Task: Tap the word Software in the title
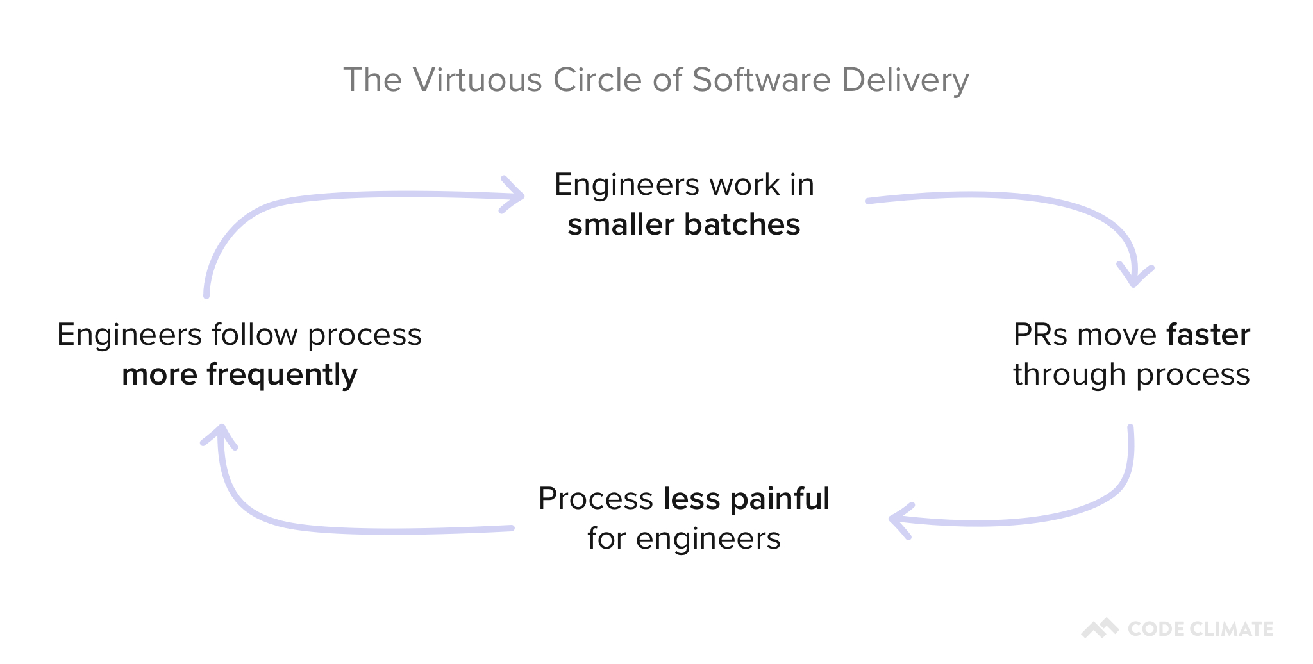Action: (x=762, y=80)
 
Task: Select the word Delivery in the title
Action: (x=905, y=81)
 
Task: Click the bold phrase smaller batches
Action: (x=683, y=224)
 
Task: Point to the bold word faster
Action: (x=1208, y=335)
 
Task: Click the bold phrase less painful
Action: (x=746, y=498)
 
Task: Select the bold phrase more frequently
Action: (x=239, y=375)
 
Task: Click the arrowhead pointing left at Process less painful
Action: (x=899, y=520)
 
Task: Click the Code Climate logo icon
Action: (x=1100, y=628)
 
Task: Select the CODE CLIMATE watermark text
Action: (x=1200, y=629)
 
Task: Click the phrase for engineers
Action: (x=683, y=538)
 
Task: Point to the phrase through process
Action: (x=1131, y=374)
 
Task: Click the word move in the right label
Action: (x=1116, y=335)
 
